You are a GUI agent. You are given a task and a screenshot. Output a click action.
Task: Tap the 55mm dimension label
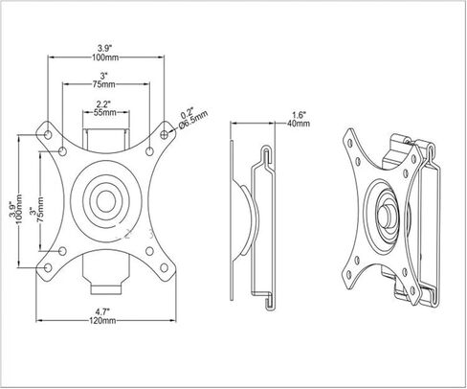point(105,112)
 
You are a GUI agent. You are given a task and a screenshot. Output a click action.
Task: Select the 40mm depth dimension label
point(299,124)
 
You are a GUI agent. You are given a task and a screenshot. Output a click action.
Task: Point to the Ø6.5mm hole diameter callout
point(193,120)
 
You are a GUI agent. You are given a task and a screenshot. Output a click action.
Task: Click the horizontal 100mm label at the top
point(105,57)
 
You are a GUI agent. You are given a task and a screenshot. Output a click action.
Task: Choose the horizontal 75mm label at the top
point(103,84)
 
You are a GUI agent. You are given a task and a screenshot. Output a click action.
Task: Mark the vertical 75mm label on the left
point(40,210)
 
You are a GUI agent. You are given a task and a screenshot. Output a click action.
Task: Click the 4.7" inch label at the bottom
point(102,310)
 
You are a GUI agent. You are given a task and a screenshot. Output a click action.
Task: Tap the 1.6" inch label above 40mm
point(300,114)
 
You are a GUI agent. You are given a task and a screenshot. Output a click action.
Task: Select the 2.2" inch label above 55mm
point(103,103)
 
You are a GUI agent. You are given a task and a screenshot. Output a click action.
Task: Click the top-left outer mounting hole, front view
point(48,135)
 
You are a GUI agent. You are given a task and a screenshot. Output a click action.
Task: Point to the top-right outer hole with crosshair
point(165,135)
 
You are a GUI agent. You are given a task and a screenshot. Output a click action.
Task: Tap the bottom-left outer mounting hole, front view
point(48,267)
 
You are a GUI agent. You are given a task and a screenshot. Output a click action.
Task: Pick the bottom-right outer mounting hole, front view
point(165,267)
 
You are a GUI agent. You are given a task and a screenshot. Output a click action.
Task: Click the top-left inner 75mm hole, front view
point(63,151)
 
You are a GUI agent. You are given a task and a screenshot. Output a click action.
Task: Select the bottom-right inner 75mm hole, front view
point(149,251)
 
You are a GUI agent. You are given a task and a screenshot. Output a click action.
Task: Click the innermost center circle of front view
point(106,201)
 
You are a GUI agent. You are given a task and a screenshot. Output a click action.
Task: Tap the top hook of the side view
point(267,155)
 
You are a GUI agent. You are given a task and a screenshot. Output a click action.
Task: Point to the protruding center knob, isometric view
point(385,216)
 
